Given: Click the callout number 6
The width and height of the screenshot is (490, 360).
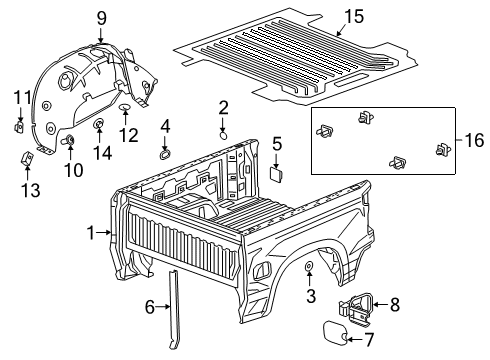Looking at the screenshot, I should (x=151, y=308).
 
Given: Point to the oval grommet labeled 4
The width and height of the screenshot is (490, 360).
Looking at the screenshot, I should (x=164, y=154).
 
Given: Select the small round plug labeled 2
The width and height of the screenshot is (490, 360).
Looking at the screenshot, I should (x=224, y=132).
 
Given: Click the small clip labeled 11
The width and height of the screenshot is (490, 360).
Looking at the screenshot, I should (x=21, y=127).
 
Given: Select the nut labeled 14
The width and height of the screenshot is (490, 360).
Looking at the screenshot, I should (x=100, y=126).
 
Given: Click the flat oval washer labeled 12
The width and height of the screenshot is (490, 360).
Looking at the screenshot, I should (x=123, y=105).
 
